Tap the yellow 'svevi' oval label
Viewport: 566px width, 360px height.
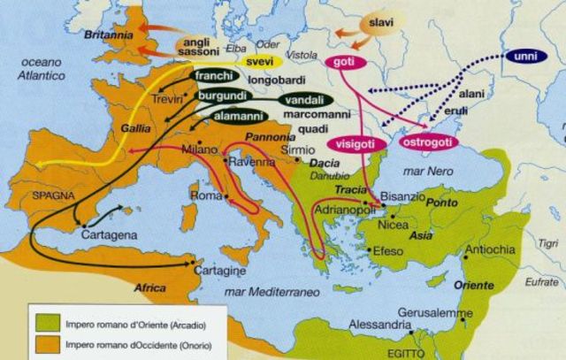tap(260, 62)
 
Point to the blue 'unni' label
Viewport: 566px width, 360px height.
tap(523, 57)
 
